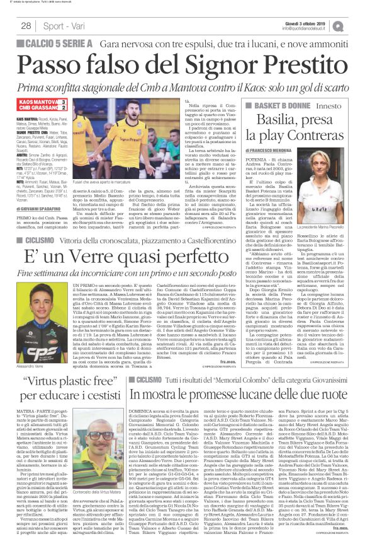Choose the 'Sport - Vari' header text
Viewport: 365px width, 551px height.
[66, 26]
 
